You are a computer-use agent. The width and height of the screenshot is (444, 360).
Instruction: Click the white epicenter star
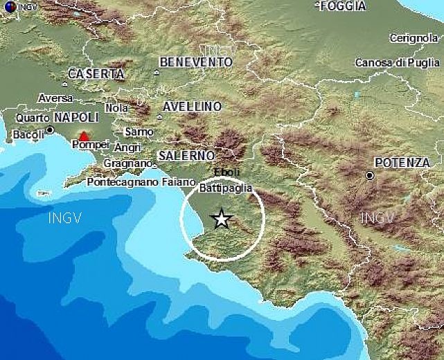click(x=222, y=219)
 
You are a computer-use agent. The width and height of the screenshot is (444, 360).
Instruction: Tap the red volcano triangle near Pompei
click(x=84, y=136)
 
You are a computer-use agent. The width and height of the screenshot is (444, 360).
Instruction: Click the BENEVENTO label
click(x=195, y=62)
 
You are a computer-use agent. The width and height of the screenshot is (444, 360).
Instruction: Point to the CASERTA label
click(x=96, y=73)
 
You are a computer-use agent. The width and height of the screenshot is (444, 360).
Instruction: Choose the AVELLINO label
click(x=193, y=107)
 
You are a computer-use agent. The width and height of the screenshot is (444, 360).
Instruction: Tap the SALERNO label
click(x=186, y=156)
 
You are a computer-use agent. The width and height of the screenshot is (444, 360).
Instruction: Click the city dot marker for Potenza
click(x=370, y=176)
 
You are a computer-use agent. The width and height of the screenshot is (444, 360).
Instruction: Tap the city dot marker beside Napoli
click(x=50, y=129)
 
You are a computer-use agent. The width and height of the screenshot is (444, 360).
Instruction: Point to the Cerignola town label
click(x=414, y=38)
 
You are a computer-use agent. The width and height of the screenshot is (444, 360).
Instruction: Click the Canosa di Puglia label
click(x=397, y=63)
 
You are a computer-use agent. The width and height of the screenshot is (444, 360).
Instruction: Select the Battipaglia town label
click(x=225, y=188)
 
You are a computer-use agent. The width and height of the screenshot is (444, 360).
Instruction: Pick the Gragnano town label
click(x=127, y=163)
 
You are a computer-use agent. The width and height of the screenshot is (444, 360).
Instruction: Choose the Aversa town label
click(x=55, y=98)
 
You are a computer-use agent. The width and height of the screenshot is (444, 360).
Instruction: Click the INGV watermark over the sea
click(x=64, y=219)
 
